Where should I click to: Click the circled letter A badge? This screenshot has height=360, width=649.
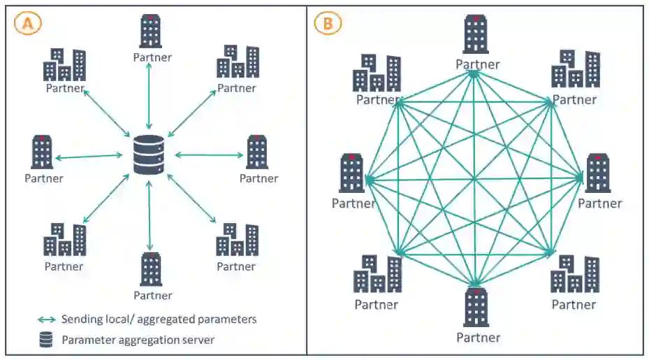pos(28,23)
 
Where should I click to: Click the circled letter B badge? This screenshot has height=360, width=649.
pos(328,23)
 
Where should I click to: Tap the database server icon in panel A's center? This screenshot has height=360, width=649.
pos(149,156)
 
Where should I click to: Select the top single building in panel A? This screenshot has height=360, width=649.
pos(151,31)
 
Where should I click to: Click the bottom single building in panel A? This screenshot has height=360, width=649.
pos(151,269)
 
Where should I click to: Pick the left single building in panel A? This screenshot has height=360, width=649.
pos(43,152)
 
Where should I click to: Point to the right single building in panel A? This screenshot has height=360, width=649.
pos(258,152)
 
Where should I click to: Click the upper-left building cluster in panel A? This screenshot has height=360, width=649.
pos(64,64)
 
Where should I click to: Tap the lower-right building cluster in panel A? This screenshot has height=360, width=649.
pos(237,240)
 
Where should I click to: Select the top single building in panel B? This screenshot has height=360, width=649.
pos(476,35)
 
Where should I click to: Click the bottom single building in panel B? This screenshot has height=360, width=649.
pos(476,308)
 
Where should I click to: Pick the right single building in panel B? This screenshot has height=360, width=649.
pos(598,173)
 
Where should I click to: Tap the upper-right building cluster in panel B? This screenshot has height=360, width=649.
pos(575,69)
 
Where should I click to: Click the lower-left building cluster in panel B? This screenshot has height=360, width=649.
pos(377,273)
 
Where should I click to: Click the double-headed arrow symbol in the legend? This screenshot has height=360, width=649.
pos(47,319)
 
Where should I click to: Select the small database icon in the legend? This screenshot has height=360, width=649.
pos(46,340)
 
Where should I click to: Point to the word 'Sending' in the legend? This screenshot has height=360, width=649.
pos(82,319)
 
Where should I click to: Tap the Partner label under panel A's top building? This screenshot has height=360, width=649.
pos(152,57)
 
